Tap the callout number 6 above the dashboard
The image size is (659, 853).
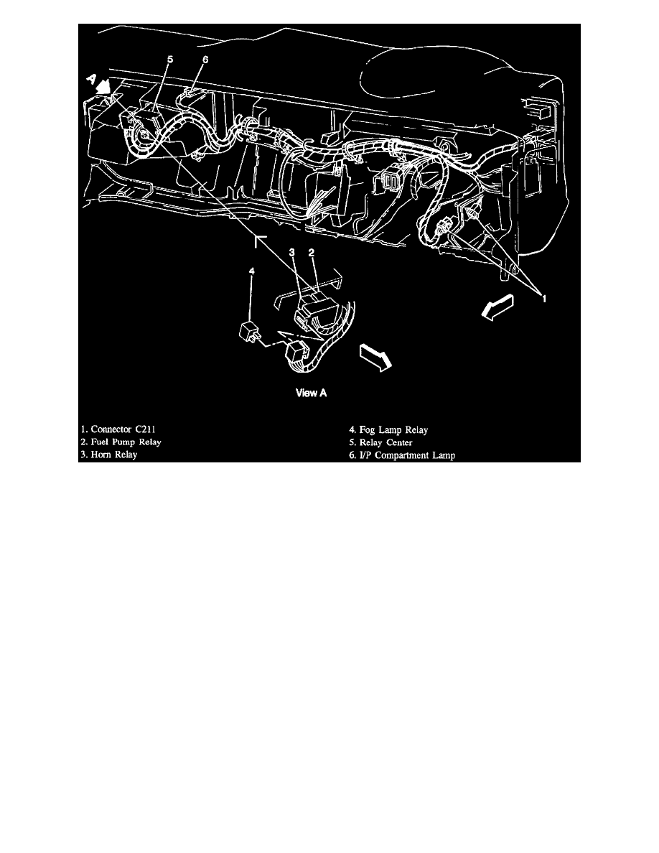tap(205, 61)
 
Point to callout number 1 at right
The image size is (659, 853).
tap(544, 297)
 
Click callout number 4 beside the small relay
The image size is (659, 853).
tap(252, 272)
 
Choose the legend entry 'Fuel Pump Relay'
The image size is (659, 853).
tap(121, 442)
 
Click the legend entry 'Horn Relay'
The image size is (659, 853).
tap(108, 454)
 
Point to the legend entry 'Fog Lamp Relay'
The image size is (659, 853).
tap(388, 430)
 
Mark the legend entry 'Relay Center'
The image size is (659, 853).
tap(380, 442)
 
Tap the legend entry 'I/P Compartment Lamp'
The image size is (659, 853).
tap(400, 454)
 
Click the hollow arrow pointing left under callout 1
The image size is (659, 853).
tap(498, 307)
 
